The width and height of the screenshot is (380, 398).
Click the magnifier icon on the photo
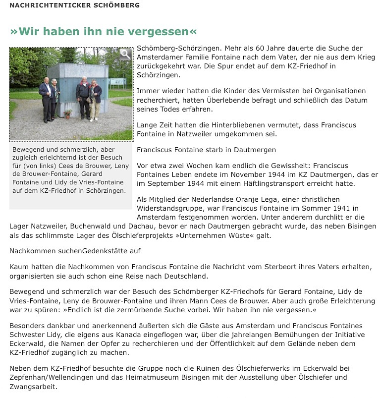point(125,55)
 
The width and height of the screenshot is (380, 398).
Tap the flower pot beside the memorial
point(68,113)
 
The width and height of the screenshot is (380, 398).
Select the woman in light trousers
point(95,100)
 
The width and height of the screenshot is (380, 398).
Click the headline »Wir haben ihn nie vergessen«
point(103,31)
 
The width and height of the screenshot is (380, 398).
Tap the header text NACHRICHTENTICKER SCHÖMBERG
point(75,5)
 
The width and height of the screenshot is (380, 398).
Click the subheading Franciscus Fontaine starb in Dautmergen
point(206,149)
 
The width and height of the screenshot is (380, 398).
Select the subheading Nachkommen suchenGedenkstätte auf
point(75,251)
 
